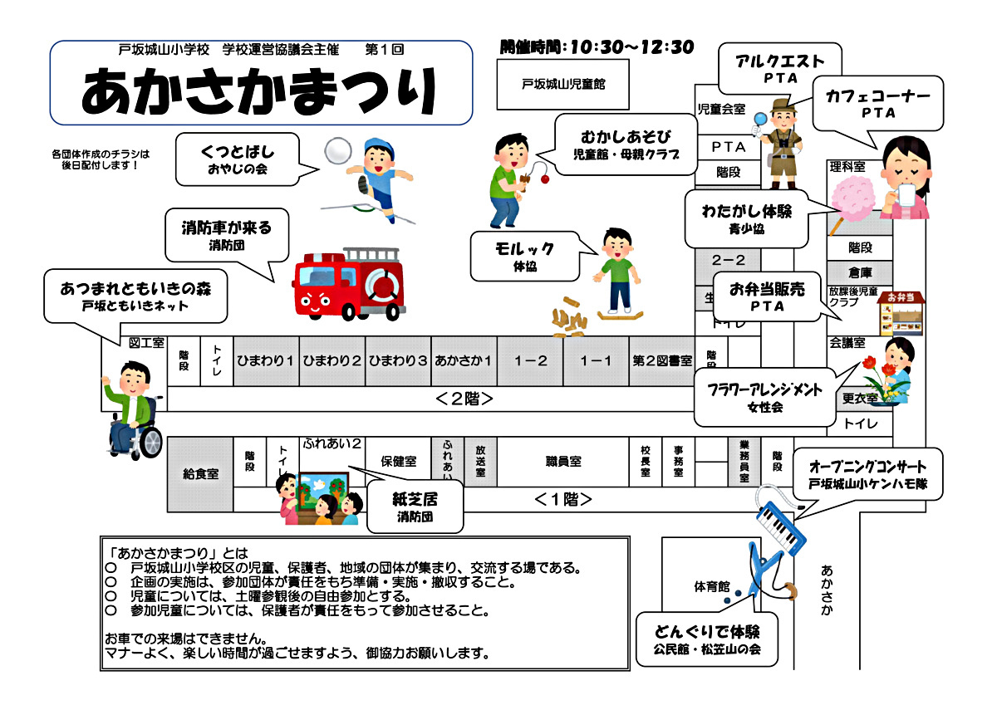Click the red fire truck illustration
click(x=349, y=284)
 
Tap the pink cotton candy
click(x=856, y=199)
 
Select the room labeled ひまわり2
click(x=332, y=361)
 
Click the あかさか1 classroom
click(x=464, y=361)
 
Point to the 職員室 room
click(x=563, y=462)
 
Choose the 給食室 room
click(x=200, y=474)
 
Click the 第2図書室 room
click(x=662, y=361)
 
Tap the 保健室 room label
click(x=399, y=462)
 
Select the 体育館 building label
click(x=712, y=587)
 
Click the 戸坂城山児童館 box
click(x=562, y=84)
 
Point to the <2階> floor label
click(x=464, y=399)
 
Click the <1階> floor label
click(x=563, y=499)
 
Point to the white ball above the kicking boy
click(x=338, y=152)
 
